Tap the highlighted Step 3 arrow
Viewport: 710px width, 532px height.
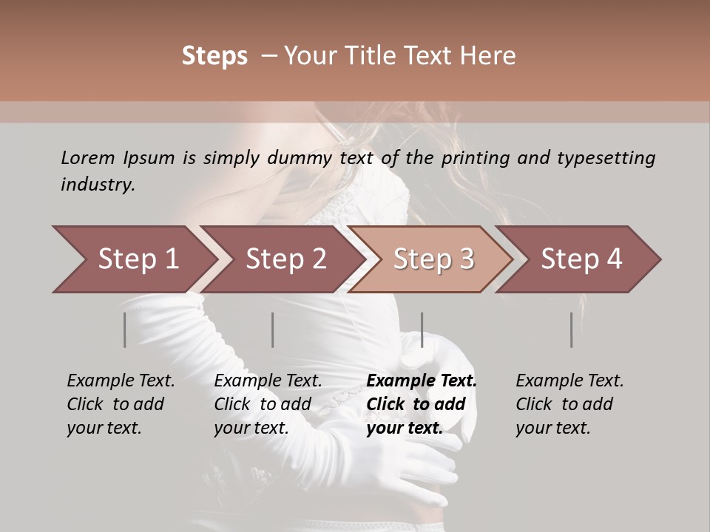[x=433, y=259]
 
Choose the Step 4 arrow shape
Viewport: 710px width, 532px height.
[x=581, y=259]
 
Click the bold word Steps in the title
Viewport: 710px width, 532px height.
[x=214, y=56]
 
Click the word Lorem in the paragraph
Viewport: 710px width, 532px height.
[x=87, y=157]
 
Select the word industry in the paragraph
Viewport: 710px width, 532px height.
[x=97, y=185]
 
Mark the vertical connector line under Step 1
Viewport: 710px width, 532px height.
[x=125, y=330]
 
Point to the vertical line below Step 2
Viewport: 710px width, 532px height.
[x=273, y=330]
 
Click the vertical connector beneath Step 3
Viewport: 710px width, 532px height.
[x=422, y=330]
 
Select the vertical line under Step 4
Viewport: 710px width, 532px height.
[x=571, y=330]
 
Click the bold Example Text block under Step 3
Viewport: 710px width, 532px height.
[x=422, y=404]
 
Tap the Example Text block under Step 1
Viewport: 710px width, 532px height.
[x=121, y=404]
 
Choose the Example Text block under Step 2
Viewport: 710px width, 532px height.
[x=268, y=404]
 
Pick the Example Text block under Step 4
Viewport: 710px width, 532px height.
[x=569, y=404]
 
